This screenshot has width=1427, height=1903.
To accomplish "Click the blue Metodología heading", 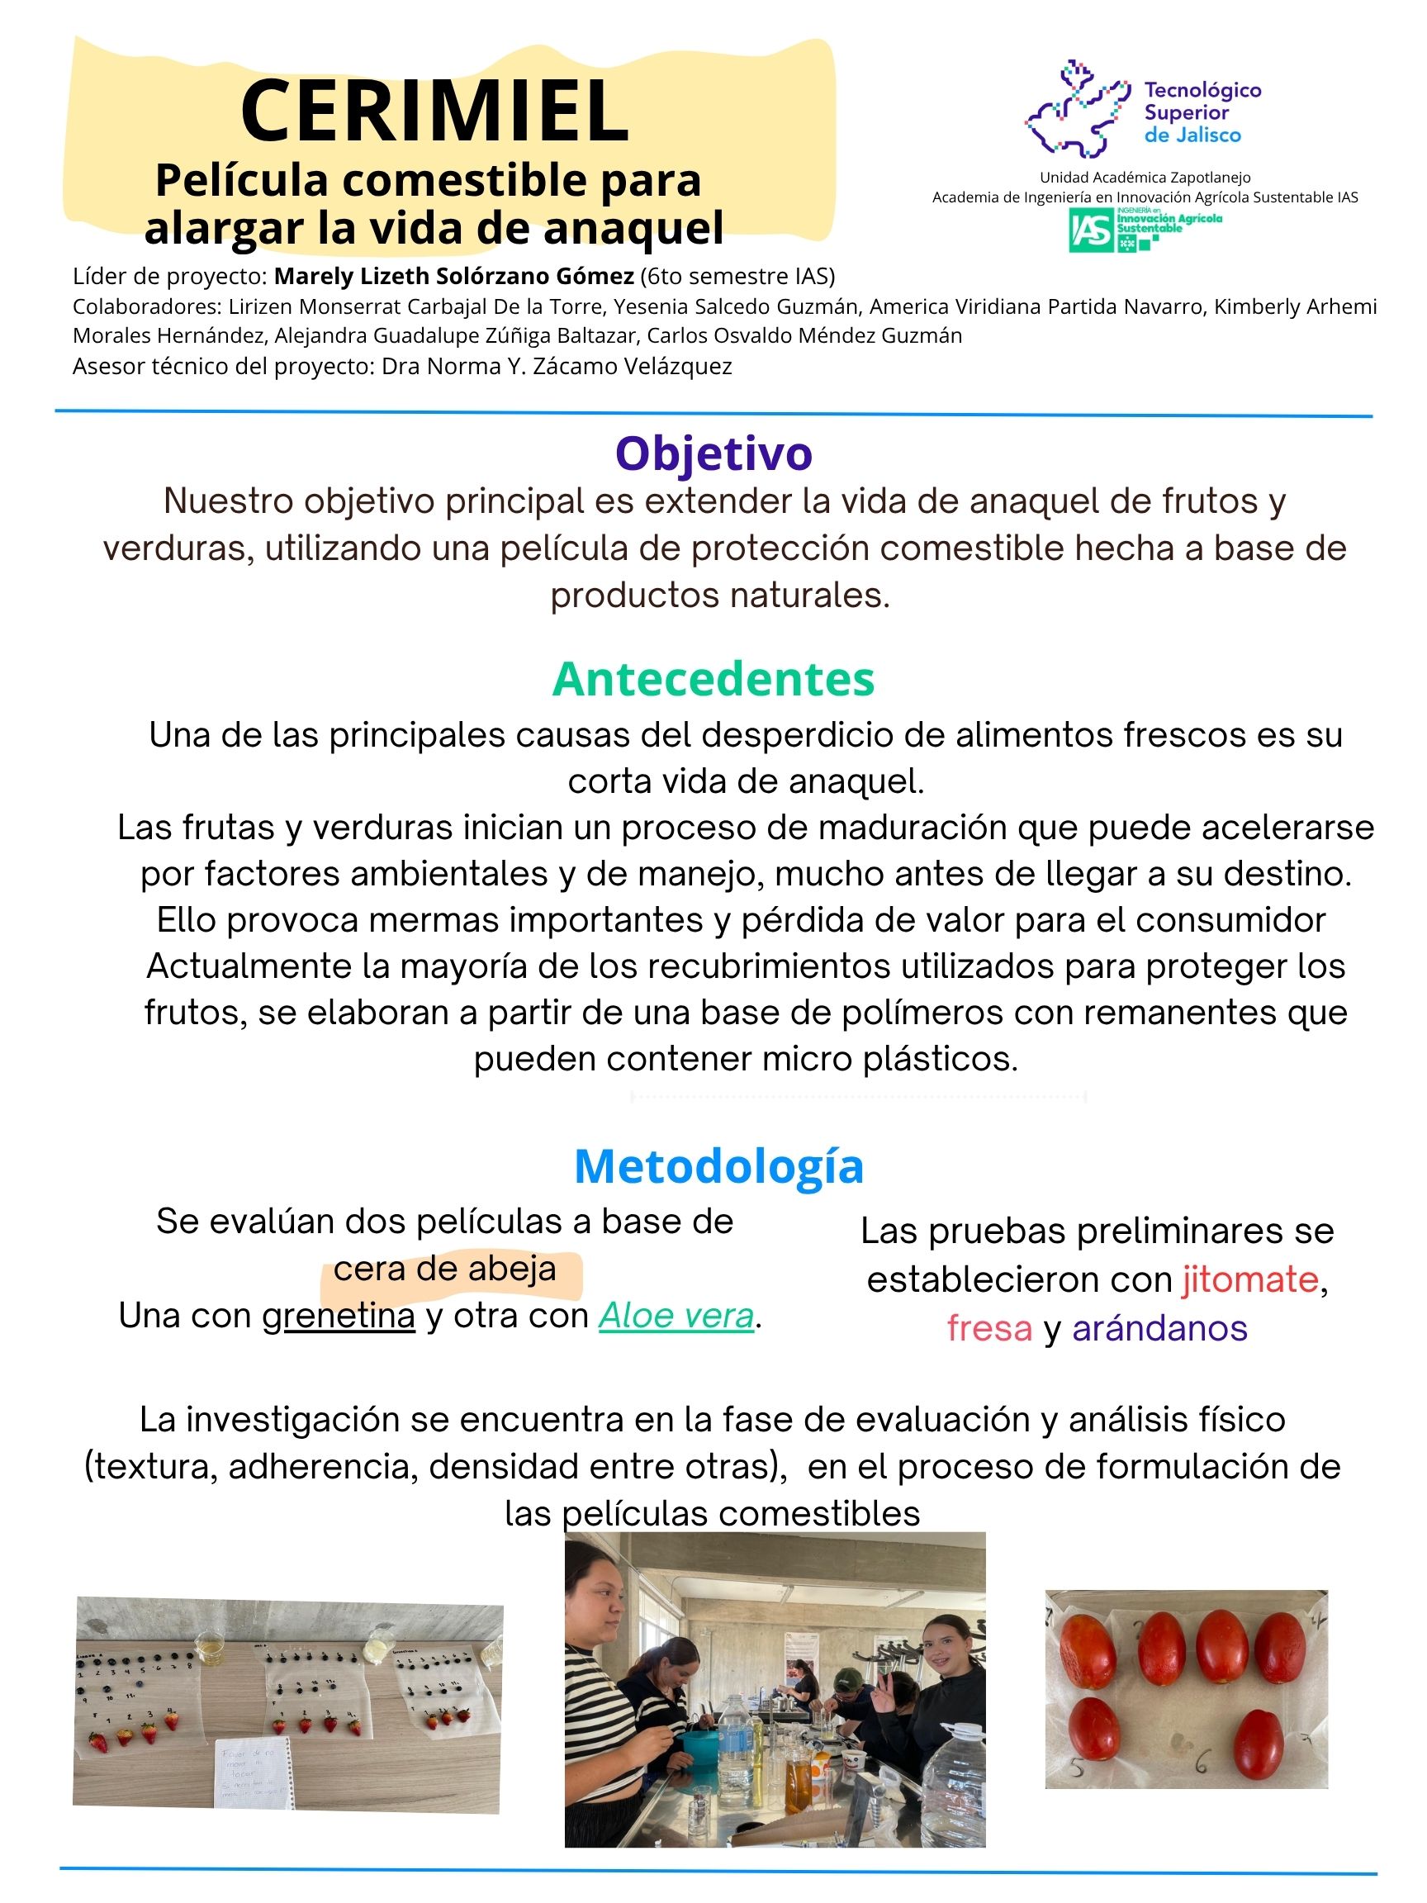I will [x=718, y=1165].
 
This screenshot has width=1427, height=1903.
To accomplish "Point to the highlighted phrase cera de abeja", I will [x=445, y=1269].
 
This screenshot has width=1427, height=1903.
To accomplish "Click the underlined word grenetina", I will [x=338, y=1317].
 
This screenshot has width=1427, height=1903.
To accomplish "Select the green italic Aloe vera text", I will [x=676, y=1317].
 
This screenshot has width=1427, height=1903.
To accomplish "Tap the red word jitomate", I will [x=1249, y=1280].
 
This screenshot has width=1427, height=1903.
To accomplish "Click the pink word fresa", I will [x=989, y=1328].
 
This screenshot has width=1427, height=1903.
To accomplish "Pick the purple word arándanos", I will [x=1159, y=1328].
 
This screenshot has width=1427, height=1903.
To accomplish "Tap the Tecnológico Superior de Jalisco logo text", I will [x=1202, y=112].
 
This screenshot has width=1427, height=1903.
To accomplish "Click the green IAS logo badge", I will [x=1091, y=230].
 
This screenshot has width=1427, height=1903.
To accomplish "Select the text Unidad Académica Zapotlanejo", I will [x=1145, y=178].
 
